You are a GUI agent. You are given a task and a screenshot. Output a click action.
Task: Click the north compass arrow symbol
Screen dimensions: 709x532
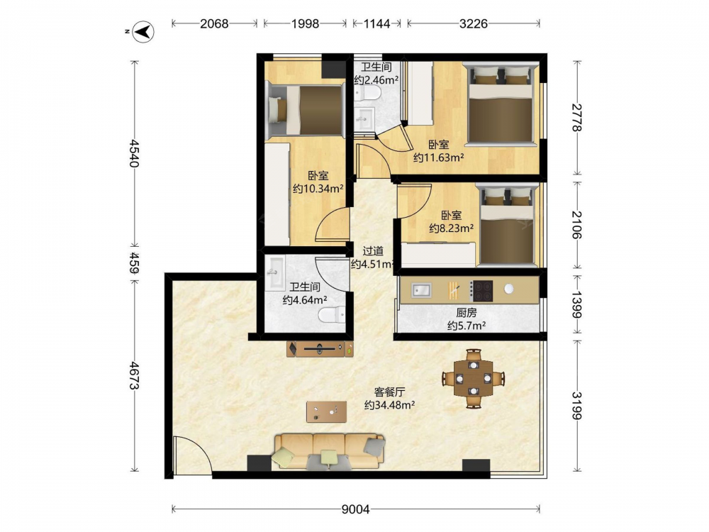click(144, 32)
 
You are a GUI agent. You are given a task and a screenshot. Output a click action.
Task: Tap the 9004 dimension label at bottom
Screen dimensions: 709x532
click(355, 510)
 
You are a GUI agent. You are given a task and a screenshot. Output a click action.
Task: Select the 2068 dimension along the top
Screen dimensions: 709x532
click(214, 23)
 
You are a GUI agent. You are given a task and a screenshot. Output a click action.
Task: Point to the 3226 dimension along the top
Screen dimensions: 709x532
click(474, 23)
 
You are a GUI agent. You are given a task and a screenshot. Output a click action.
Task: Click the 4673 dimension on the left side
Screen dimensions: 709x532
click(135, 375)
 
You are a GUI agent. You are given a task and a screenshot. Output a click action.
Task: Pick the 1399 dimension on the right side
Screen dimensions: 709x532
click(576, 304)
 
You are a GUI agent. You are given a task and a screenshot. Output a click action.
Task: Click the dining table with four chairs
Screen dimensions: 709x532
click(473, 378)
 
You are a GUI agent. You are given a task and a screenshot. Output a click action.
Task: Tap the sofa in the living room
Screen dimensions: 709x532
click(329, 451)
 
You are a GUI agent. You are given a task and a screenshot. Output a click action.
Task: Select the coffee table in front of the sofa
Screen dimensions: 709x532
click(326, 411)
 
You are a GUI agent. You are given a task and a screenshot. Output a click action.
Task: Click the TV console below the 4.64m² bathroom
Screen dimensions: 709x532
click(320, 349)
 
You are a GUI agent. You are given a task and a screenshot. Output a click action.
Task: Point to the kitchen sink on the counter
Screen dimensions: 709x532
click(421, 290)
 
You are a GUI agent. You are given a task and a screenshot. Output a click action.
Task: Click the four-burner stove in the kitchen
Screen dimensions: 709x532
click(481, 291)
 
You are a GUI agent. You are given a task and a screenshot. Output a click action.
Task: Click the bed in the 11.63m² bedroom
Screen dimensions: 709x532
click(501, 104)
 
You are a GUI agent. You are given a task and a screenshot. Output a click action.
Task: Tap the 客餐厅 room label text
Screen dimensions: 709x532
click(389, 392)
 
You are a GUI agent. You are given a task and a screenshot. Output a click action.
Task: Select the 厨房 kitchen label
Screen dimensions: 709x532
click(467, 313)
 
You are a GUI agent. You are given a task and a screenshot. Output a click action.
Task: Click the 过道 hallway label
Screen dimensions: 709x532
click(373, 251)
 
